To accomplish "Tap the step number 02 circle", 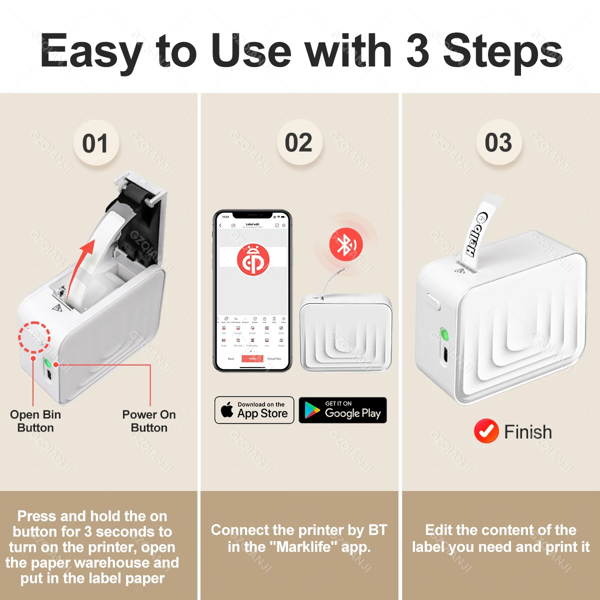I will tap(299, 143).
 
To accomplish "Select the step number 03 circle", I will tap(498, 143).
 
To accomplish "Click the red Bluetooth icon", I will tap(345, 244).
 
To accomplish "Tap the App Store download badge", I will tap(254, 410).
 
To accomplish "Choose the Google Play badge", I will tap(343, 410).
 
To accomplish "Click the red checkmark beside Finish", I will tap(486, 431).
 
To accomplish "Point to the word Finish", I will tap(528, 431).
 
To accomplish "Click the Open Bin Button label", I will tap(35, 421).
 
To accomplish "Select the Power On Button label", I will tap(149, 421).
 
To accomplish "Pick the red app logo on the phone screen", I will tap(253, 259).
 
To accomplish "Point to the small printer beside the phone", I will tap(345, 332).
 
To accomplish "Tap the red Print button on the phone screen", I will tap(252, 358).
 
